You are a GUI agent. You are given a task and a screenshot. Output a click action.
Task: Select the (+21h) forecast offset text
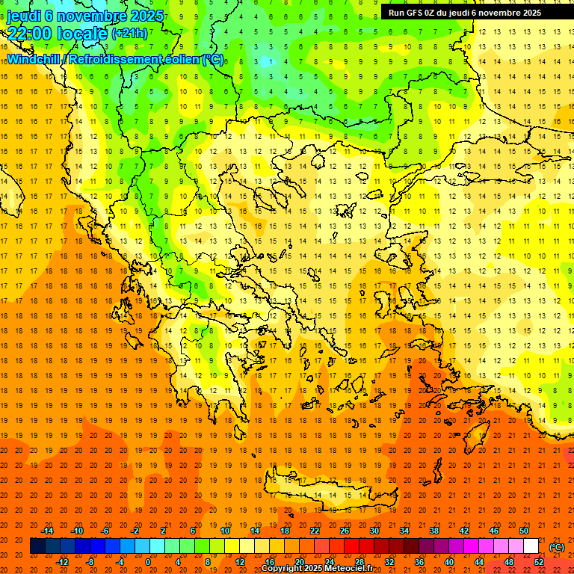click(129, 34)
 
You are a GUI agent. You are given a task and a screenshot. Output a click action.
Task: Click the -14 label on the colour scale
click(49, 531)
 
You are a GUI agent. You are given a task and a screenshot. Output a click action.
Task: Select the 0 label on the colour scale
click(148, 562)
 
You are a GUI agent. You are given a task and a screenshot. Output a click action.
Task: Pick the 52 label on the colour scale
click(539, 562)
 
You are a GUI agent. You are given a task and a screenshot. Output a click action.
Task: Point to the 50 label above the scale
click(524, 531)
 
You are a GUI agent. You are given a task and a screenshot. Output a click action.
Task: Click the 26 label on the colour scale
click(345, 531)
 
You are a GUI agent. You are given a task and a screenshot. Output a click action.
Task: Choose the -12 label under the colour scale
click(63, 562)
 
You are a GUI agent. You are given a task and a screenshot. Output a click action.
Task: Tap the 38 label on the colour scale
click(434, 531)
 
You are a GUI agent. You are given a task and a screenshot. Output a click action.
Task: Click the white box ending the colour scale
click(531, 546)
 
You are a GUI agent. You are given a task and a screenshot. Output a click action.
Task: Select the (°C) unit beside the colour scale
click(557, 547)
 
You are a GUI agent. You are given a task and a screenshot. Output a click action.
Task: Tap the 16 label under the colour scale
click(270, 562)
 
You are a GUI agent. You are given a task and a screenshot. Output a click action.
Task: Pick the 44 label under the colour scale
click(479, 562)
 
